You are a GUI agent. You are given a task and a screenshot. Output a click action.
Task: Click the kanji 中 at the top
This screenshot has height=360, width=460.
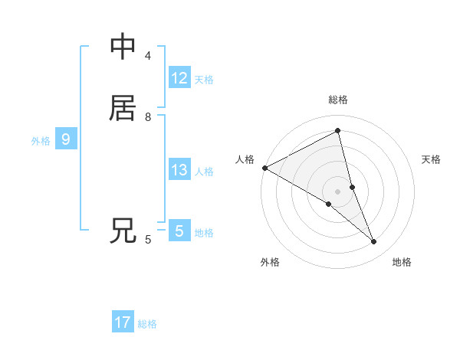(x=123, y=47)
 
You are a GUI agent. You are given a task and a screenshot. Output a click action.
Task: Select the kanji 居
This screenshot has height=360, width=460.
(x=123, y=108)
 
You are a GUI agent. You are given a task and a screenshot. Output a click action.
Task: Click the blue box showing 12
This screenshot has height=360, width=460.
(x=179, y=78)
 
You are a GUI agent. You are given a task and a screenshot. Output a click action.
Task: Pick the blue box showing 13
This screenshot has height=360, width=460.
(x=179, y=170)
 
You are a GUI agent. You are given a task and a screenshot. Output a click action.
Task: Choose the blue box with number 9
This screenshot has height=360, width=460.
(x=66, y=139)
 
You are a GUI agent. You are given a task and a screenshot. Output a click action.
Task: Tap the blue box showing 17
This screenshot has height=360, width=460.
(x=123, y=322)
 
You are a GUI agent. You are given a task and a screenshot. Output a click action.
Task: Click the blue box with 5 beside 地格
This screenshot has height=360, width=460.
(x=179, y=231)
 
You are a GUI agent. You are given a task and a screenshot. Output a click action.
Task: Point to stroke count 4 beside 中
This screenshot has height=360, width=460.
(x=148, y=56)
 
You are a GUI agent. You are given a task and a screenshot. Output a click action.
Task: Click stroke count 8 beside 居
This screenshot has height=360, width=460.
(x=148, y=117)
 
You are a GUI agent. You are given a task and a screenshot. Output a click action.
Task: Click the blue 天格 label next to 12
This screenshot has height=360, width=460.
(x=204, y=80)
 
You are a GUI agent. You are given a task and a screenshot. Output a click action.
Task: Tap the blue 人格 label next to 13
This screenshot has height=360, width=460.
(x=204, y=172)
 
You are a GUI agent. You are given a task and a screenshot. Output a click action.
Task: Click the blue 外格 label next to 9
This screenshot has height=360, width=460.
(x=41, y=141)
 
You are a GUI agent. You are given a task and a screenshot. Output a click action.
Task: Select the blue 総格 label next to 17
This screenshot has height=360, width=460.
(x=147, y=324)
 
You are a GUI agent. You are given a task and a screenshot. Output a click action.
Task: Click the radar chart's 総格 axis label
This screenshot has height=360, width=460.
(x=338, y=100)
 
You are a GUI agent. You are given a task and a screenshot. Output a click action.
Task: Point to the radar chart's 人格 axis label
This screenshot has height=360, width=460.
(x=245, y=159)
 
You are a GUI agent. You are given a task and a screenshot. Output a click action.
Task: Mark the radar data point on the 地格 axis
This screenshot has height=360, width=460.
(x=374, y=242)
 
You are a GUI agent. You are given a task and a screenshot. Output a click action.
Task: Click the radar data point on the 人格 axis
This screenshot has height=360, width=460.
(x=264, y=168)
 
